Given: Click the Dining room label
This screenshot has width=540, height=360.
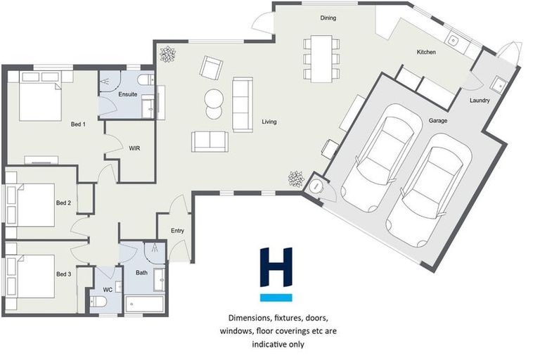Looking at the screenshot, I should coord(328,18).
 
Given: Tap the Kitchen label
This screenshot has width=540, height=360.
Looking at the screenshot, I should coord(426,53).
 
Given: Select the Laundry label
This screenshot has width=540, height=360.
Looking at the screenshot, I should coord(480,101).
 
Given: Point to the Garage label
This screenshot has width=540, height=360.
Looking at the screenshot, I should coord(439,121).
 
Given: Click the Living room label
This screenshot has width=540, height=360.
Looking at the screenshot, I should coord(269,122).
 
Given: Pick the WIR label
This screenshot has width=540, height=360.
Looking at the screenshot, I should coord(135,148).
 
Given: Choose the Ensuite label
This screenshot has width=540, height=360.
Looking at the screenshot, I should coord(128,94).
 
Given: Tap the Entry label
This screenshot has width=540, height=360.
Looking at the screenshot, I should coord(177,231).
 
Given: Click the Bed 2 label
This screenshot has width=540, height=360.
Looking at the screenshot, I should coord(63,202).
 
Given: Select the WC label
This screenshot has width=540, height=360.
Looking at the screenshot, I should coord(108,289).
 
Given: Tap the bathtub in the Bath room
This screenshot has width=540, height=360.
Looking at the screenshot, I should coord(145,304).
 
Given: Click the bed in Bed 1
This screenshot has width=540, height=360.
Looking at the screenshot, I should coord(39,101).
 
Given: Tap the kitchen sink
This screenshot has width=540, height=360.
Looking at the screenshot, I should coord(454,41).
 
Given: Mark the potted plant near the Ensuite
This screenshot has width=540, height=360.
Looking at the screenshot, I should coord(168,53).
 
